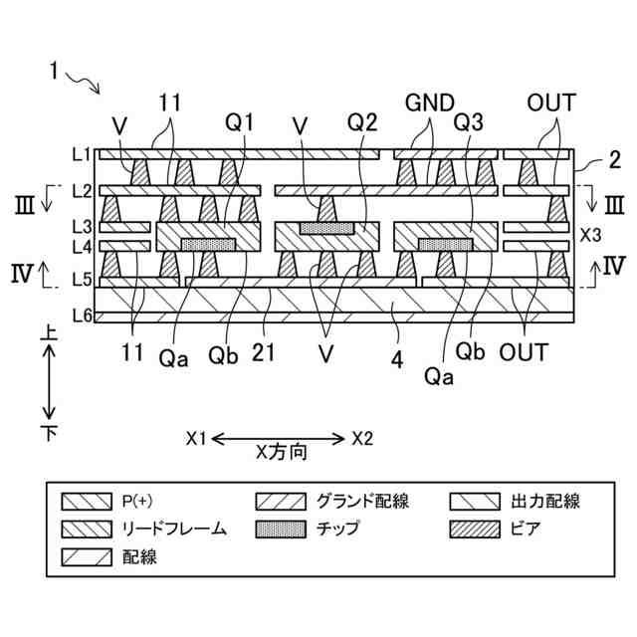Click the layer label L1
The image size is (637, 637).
[x=82, y=155]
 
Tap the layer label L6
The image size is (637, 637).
[x=82, y=317]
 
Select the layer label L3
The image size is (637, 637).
[x=82, y=227]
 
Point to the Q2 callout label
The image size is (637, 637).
[x=363, y=123]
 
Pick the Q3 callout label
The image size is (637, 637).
[x=469, y=123]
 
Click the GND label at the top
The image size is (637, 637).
[x=429, y=103]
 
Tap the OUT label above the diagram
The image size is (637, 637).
[x=551, y=103]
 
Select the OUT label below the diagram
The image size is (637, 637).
[x=524, y=351]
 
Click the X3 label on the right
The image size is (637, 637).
[x=589, y=237]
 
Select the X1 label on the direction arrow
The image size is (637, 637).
[x=196, y=438]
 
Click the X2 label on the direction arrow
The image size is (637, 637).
[x=362, y=438]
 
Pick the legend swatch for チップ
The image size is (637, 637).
[x=280, y=529]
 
